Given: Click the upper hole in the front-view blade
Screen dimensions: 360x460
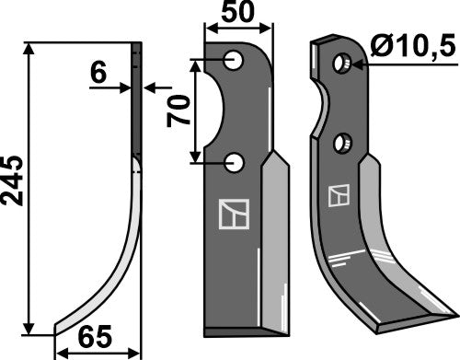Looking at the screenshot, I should tap(236, 61).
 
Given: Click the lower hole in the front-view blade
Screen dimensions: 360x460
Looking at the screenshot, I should tap(236, 163).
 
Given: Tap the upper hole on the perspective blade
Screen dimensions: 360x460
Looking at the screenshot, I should tap(343, 63).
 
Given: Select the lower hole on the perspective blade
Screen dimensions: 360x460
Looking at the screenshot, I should tap(343, 143).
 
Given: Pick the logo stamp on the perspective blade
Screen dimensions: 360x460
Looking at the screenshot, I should tap(339, 196).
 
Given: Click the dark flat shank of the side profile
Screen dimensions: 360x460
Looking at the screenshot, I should tap(136, 101).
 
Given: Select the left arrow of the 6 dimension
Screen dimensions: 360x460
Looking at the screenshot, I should tap(126, 87).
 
